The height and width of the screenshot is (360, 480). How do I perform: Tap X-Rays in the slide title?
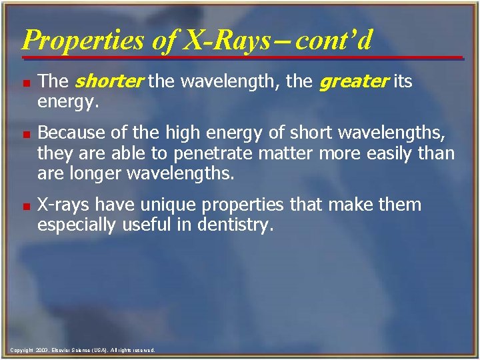coord(227,40)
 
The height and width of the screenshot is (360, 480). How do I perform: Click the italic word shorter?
coord(109,82)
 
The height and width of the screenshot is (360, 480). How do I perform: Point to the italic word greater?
coord(353,82)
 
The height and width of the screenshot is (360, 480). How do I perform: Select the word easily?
coord(387,155)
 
